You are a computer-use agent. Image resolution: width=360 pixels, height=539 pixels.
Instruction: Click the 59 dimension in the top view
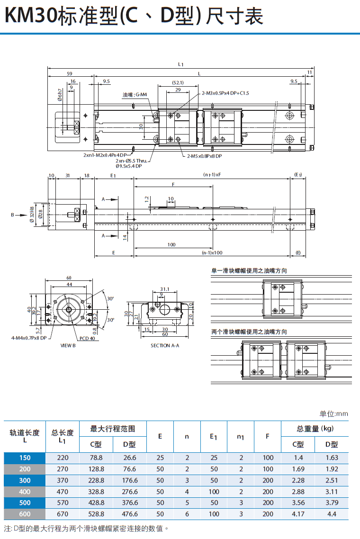(70, 74)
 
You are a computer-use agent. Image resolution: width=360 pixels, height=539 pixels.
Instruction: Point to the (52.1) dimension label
(178, 83)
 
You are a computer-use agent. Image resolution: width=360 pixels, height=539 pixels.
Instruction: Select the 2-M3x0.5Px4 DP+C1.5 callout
(225, 93)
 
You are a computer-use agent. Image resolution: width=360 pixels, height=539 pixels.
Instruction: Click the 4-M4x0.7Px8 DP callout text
(29, 338)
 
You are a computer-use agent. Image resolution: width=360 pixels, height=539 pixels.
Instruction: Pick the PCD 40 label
(87, 338)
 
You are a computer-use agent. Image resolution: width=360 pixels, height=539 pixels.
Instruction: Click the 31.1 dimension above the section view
(165, 288)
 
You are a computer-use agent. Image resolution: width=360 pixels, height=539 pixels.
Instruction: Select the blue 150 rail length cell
(25, 458)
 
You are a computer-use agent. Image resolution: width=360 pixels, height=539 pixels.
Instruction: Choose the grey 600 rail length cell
(25, 514)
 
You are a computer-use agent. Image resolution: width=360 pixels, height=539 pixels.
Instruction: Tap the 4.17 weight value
(298, 514)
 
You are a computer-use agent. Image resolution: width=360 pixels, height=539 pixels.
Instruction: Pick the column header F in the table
(268, 436)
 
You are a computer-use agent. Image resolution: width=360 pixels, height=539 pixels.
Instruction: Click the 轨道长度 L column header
(25, 436)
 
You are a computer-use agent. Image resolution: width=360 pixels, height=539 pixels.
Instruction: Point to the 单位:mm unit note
(333, 414)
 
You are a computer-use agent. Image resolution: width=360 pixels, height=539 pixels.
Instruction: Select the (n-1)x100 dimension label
(212, 253)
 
